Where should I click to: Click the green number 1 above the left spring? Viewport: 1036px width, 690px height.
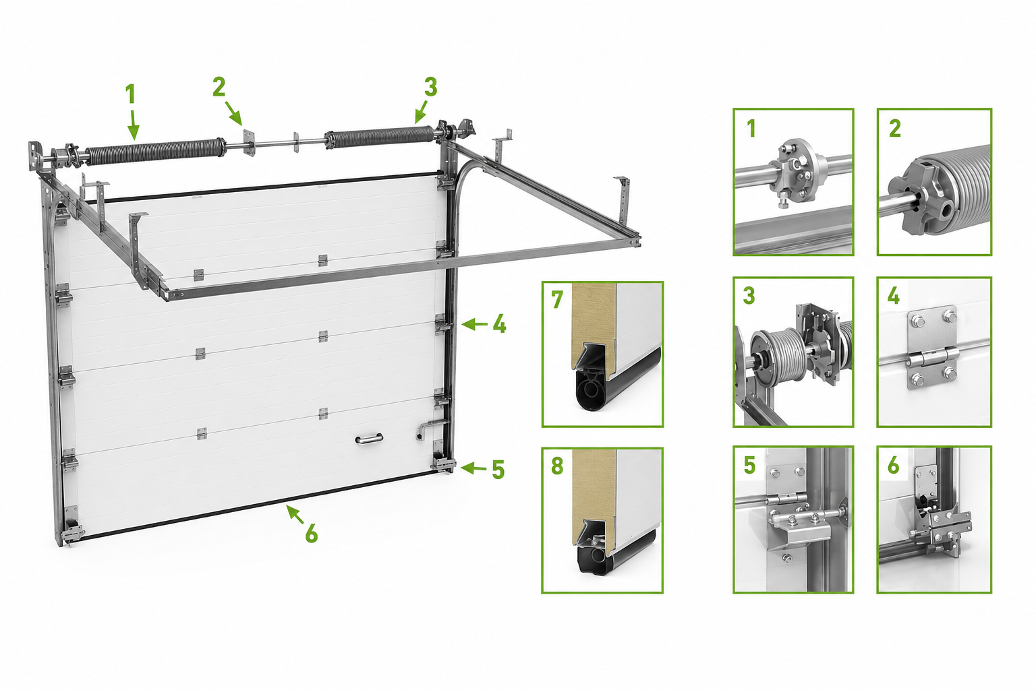coord(130,94)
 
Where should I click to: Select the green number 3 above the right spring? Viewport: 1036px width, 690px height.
coord(430,88)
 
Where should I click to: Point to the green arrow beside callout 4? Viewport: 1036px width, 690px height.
coord(475,324)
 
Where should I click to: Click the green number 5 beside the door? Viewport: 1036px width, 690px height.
coord(498,470)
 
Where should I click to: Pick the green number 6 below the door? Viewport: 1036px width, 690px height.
coord(312,534)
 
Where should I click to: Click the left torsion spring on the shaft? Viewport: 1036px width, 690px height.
coord(154,152)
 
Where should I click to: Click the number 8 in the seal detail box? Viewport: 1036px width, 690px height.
coord(557,466)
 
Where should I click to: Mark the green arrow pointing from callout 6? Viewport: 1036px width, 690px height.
coord(295,514)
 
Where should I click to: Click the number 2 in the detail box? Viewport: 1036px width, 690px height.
coord(895,128)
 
